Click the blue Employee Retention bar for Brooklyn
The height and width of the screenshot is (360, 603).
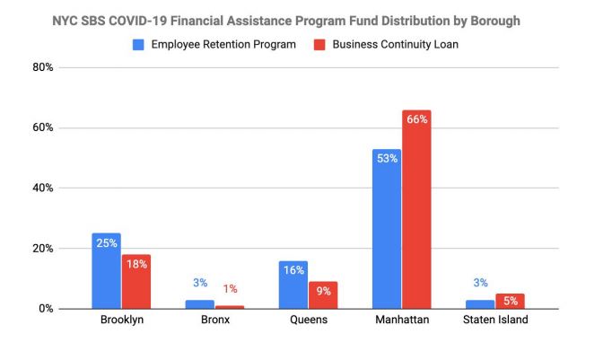(106, 270)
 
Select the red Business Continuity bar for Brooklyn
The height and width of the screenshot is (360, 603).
(136, 281)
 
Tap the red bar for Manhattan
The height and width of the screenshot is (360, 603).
(416, 209)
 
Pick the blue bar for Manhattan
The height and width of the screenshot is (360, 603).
(387, 229)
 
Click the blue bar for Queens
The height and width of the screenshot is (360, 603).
(293, 285)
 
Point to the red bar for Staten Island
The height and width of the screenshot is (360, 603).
(511, 302)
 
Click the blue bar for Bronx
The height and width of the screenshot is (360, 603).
(200, 304)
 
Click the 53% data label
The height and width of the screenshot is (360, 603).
(387, 158)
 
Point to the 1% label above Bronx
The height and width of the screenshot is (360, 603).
(231, 289)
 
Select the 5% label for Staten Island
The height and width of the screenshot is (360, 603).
(511, 301)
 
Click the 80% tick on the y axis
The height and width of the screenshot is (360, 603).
(43, 67)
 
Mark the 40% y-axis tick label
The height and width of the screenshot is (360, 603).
(43, 189)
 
